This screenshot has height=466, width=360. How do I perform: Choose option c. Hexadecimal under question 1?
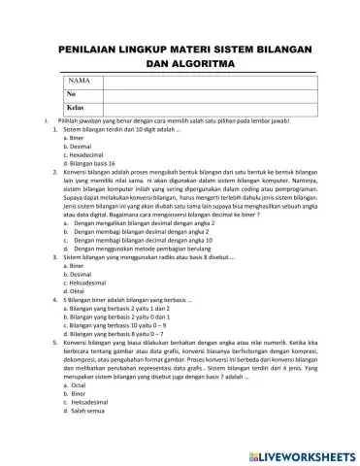tap(88, 154)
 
